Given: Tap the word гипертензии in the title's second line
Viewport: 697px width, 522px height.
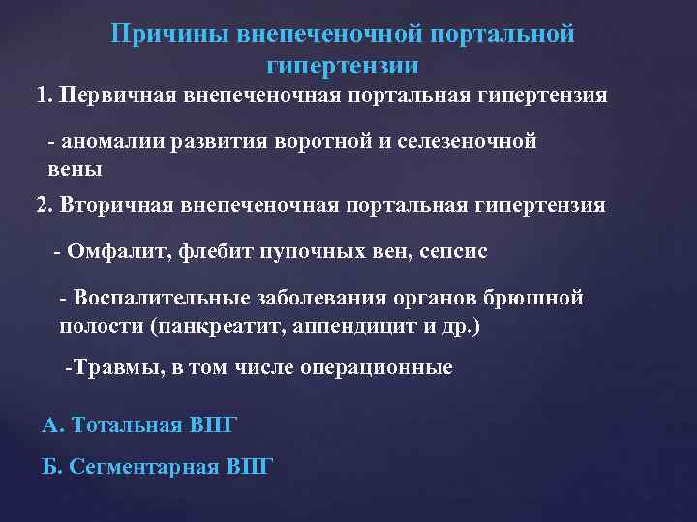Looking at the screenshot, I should click(x=342, y=66).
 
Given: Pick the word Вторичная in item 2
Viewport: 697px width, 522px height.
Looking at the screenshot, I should click(x=116, y=205).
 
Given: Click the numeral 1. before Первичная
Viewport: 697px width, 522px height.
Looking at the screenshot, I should click(x=44, y=96).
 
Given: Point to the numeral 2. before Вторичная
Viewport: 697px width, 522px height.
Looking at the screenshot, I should click(x=45, y=205).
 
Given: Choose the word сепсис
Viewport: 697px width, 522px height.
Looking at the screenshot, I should click(x=454, y=251).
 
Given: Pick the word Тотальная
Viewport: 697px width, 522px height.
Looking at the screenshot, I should click(x=123, y=424).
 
